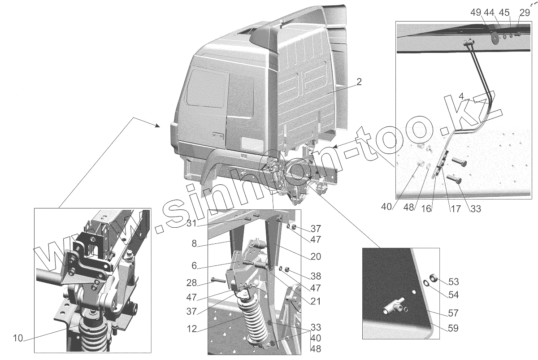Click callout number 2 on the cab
359,82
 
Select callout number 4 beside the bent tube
461,96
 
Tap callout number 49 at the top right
476,13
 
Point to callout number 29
525,13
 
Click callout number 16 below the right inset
426,209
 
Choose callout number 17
456,209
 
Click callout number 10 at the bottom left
18,338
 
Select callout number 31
191,224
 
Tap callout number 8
194,244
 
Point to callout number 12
192,329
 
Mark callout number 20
316,256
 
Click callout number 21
316,301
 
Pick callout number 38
316,276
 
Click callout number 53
453,282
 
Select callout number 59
453,328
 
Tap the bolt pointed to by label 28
218,280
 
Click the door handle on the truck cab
218,135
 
